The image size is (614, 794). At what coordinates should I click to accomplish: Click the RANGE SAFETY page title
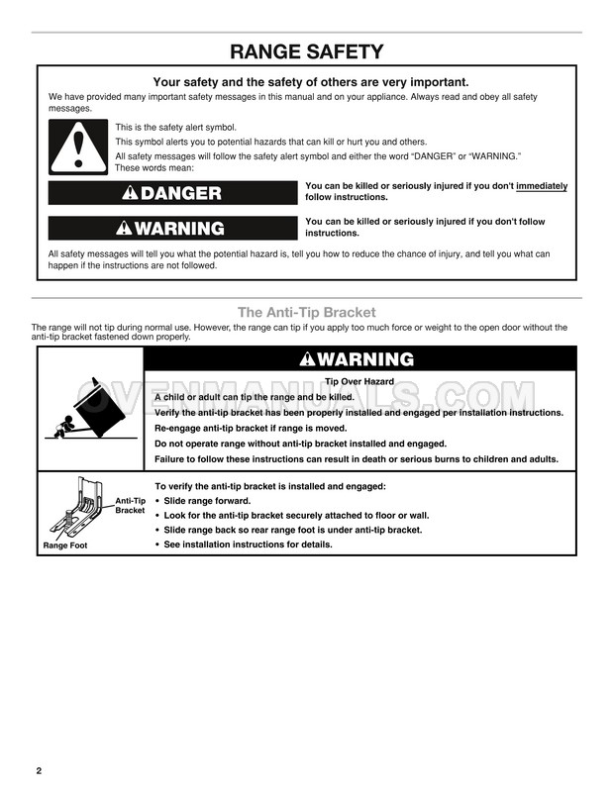306,51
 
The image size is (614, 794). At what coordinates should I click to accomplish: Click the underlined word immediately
542,186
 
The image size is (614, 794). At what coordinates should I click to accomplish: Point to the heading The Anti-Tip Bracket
306,313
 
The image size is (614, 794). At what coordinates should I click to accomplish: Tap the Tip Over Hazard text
359,381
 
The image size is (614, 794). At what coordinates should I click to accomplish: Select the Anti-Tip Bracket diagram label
130,505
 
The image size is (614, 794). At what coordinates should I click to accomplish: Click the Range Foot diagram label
65,546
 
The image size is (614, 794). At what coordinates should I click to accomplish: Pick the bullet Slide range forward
213,501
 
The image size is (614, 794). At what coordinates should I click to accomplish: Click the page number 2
38,770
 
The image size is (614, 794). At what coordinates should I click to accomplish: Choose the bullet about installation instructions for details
248,545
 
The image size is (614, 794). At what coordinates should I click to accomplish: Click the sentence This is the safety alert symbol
176,128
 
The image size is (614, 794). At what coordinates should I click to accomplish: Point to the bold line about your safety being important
310,82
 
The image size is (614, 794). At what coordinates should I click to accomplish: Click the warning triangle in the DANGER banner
130,193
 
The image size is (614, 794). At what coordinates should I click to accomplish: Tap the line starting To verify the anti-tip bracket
270,486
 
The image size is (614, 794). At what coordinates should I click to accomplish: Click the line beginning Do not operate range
300,444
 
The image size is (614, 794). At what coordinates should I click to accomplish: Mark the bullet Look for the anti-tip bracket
296,516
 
